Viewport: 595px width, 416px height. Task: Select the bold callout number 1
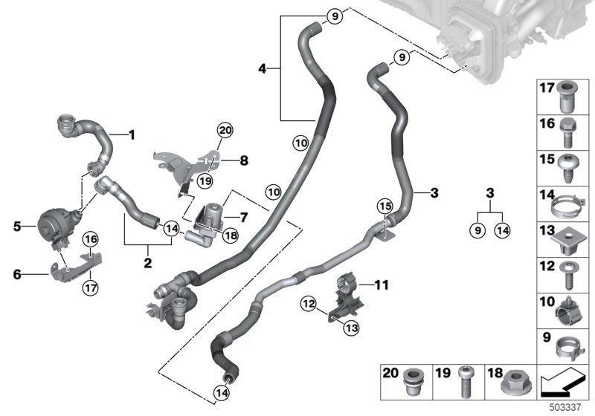(132, 135)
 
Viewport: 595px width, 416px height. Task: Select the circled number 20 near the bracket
(224, 131)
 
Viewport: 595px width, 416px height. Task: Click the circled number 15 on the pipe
(384, 204)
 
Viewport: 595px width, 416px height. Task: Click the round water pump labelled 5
(54, 221)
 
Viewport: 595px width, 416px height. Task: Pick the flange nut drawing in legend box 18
(514, 383)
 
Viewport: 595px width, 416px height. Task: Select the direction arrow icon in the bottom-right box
(562, 384)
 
